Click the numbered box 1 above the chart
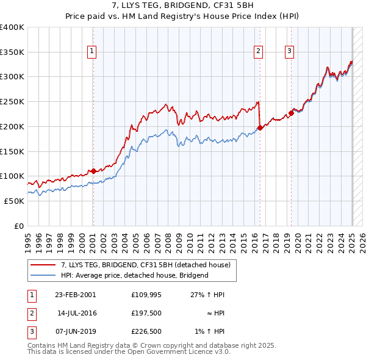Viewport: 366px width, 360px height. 91,51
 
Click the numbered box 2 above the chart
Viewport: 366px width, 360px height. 259,51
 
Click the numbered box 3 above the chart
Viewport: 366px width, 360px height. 289,51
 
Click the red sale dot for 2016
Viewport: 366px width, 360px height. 260,128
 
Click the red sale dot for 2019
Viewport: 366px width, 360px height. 292,113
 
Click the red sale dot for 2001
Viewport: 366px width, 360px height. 93,171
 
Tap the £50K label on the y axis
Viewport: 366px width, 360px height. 14,201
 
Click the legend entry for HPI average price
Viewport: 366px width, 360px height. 134,275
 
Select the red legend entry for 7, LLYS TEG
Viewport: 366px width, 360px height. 145,265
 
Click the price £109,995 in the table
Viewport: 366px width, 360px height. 145,295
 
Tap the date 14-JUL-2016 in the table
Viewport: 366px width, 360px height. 76,313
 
